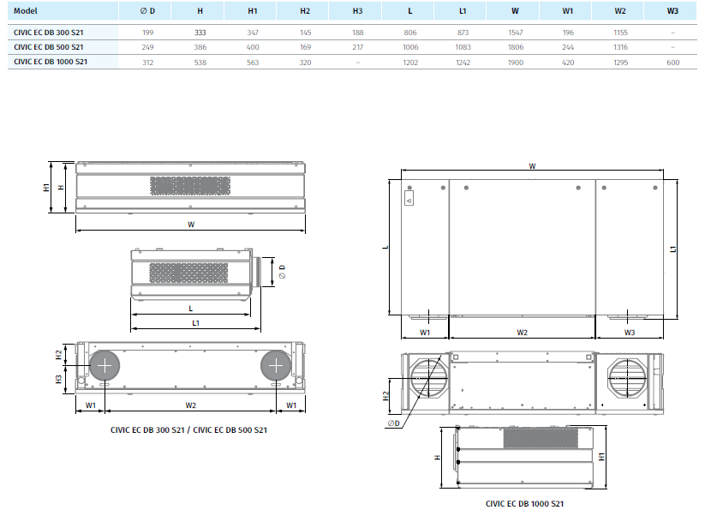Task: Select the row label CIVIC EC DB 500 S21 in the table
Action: click(x=49, y=46)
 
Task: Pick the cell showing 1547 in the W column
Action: click(x=515, y=32)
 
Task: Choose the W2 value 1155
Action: click(x=620, y=32)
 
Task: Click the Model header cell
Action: click(x=27, y=11)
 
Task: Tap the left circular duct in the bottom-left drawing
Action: click(x=105, y=366)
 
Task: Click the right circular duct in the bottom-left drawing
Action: click(x=276, y=366)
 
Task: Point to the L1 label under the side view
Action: click(x=196, y=323)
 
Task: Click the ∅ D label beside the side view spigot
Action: click(x=280, y=273)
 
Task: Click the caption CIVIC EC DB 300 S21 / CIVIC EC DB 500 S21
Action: click(x=189, y=429)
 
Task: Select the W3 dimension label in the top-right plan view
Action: click(x=629, y=332)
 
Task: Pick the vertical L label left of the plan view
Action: click(x=385, y=247)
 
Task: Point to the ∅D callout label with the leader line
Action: click(x=393, y=423)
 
